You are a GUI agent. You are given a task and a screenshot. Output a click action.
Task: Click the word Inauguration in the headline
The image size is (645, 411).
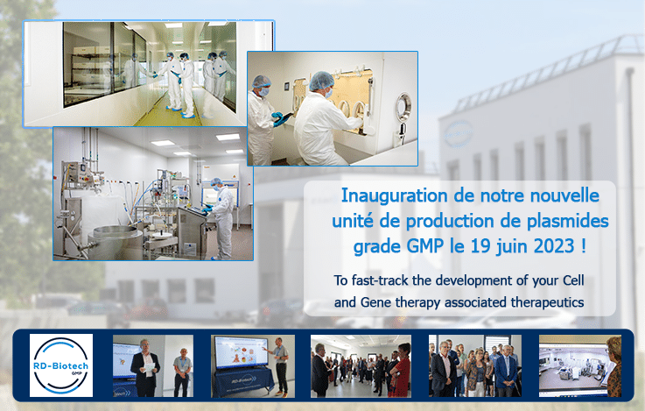395,195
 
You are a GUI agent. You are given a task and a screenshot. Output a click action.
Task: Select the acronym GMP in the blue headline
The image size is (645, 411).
425,246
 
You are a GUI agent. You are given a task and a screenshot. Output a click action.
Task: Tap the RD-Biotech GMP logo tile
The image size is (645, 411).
61,365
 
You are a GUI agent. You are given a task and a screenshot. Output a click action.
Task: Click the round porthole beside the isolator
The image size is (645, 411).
403,108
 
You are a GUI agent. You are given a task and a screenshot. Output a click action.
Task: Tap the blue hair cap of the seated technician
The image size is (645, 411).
321,81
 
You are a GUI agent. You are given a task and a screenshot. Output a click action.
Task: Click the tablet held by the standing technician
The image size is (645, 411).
284,119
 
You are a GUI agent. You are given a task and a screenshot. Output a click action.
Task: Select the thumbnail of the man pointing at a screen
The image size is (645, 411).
253,366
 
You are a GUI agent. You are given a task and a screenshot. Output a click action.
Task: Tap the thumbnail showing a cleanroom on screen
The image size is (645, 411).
580,366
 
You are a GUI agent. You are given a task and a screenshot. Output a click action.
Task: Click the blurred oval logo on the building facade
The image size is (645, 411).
459,134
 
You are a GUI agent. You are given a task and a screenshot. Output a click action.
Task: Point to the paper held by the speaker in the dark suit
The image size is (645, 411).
150,367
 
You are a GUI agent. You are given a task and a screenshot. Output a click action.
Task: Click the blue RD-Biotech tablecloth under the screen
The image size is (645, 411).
242,382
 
